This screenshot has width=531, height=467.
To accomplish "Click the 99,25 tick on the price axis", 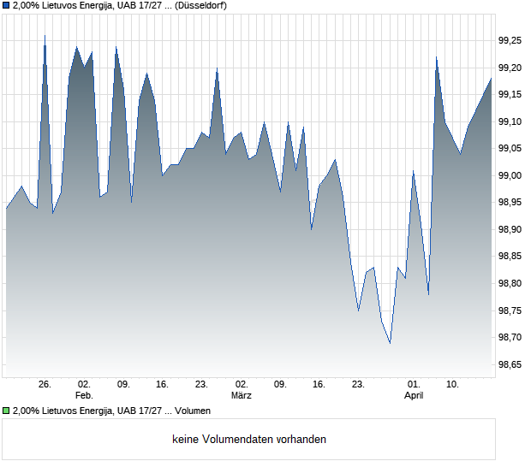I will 510,40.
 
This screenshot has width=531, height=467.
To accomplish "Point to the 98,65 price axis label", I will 510,364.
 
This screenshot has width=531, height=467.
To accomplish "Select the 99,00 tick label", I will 510,175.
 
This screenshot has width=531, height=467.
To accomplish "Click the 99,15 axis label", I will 510,94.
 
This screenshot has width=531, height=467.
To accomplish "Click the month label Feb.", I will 84,396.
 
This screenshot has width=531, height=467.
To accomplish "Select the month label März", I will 241,396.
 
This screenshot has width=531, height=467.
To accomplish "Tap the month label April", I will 414,396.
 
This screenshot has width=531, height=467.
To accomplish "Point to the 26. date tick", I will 45,385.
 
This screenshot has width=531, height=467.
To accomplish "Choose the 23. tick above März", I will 201,385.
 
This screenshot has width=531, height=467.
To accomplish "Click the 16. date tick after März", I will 319,385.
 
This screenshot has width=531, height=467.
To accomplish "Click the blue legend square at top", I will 7,6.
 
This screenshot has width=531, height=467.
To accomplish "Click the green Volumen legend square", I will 7,411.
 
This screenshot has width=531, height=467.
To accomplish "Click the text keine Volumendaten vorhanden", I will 249,440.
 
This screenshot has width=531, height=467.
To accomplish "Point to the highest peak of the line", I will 45,36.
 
